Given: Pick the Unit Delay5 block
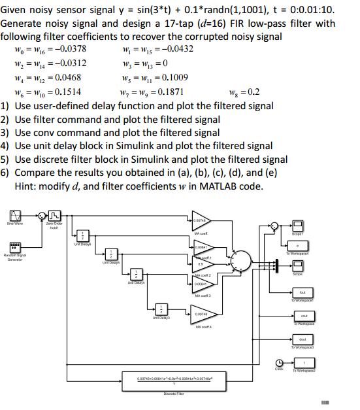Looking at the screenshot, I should click(112, 254).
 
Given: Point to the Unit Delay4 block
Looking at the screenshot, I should click(137, 275).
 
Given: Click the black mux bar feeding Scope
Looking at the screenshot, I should click(278, 264).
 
